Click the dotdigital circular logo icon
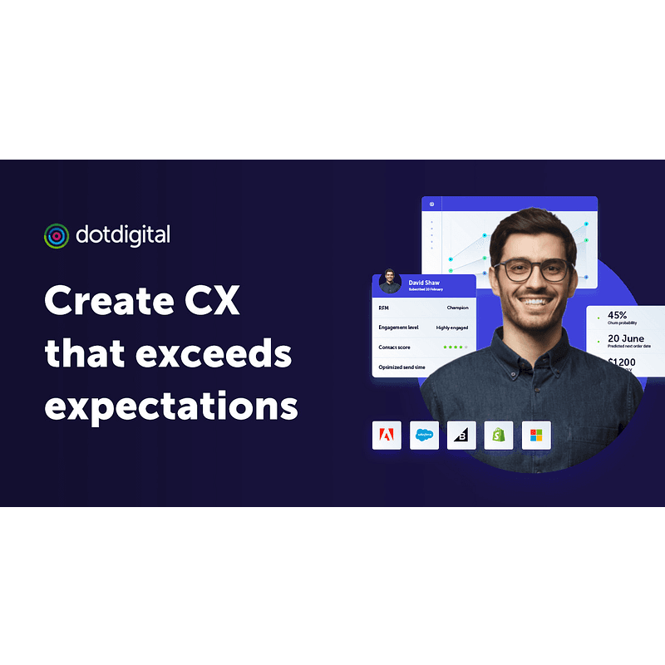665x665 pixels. [x=57, y=235]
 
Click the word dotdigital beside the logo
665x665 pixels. [x=122, y=235]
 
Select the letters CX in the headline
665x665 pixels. [x=211, y=300]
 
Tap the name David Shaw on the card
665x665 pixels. [x=423, y=283]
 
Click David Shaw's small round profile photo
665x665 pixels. [x=390, y=282]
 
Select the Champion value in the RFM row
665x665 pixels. [x=457, y=308]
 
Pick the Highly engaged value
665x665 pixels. [x=452, y=328]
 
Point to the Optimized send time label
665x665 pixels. [x=403, y=367]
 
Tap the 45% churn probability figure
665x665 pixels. [x=618, y=316]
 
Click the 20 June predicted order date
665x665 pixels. [x=625, y=338]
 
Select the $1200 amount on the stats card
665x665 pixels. [x=623, y=363]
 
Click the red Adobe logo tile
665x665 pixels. [x=387, y=435]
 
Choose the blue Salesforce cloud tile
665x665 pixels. [x=425, y=435]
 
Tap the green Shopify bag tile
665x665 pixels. [x=499, y=435]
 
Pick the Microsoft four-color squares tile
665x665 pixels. [x=536, y=435]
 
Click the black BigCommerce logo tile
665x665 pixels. [x=461, y=435]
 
